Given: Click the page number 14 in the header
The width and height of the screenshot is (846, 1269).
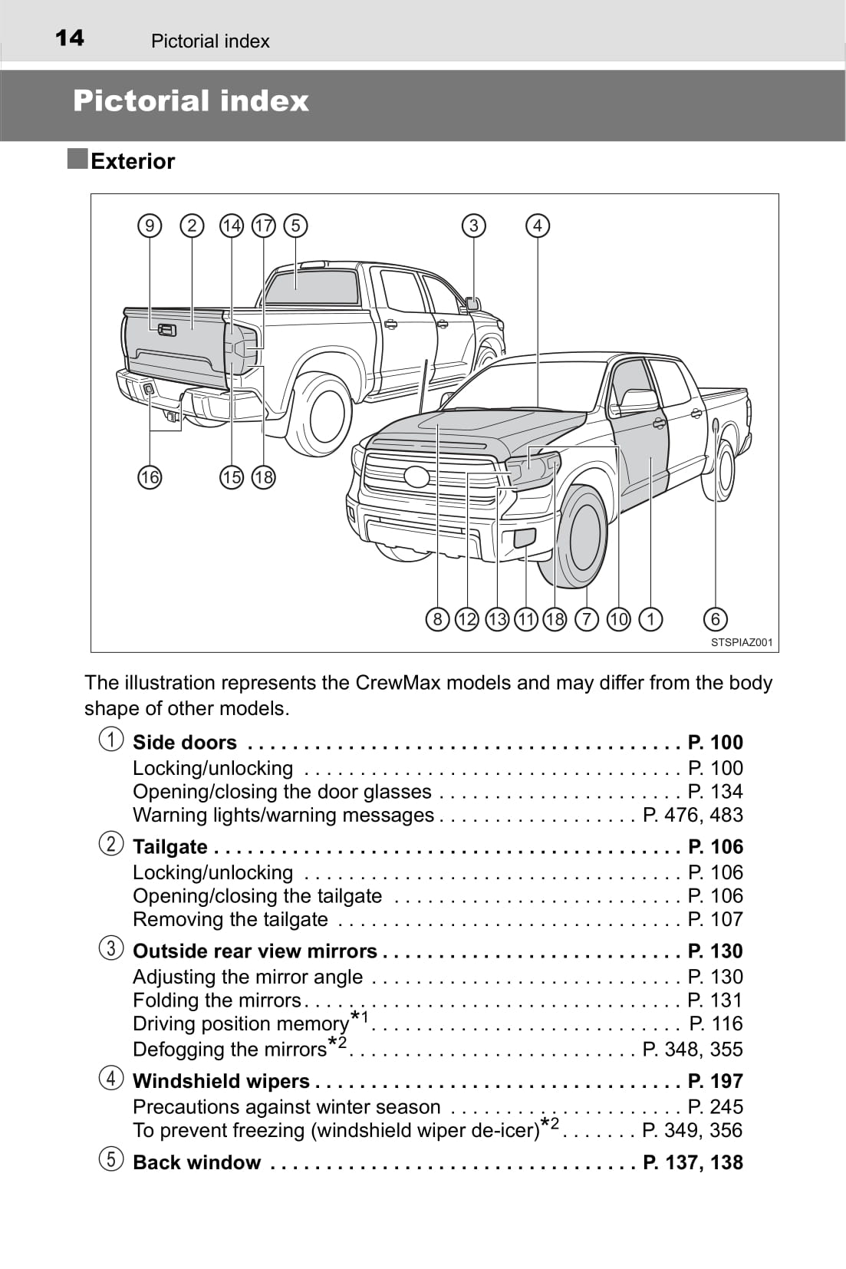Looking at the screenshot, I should (x=70, y=38).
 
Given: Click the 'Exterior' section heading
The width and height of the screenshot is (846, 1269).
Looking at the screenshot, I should (x=132, y=161).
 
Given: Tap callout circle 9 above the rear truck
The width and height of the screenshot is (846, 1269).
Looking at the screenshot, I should (x=150, y=226).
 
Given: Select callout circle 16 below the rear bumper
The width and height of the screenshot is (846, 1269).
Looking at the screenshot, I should (x=150, y=477).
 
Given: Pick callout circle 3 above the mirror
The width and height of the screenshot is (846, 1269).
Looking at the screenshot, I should (x=474, y=226).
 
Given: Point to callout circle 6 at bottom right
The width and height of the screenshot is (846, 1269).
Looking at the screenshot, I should (x=715, y=619).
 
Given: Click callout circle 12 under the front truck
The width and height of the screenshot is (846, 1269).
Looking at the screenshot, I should (x=466, y=619).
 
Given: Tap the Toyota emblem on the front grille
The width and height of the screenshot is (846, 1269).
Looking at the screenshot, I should (x=417, y=476).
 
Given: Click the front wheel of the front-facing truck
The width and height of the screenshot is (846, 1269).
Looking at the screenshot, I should (x=583, y=535).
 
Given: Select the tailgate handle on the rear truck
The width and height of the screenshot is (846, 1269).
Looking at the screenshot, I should (x=166, y=330).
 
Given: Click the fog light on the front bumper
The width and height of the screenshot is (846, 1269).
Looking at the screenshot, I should (x=525, y=538).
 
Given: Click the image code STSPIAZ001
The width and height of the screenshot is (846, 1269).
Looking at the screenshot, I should (x=741, y=643).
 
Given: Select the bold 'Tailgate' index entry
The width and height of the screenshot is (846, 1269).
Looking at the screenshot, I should (x=170, y=847).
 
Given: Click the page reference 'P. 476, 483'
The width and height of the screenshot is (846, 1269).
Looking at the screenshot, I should (x=693, y=815).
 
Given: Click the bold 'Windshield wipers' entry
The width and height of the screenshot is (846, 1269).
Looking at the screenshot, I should (x=221, y=1081).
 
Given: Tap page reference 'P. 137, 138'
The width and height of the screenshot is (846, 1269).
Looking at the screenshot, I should (x=693, y=1162).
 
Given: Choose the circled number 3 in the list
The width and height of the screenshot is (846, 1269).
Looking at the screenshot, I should (x=111, y=948).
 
